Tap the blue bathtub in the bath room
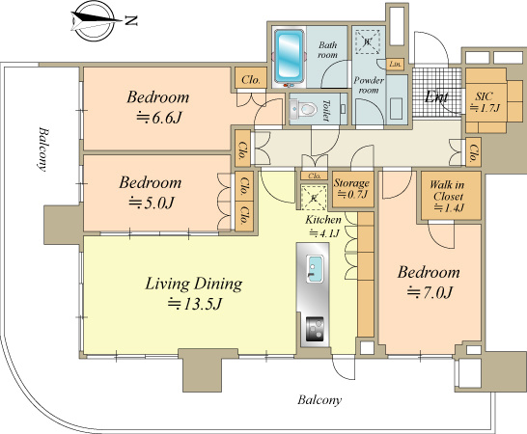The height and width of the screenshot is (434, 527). click(289, 58)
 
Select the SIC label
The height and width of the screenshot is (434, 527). click(484, 95)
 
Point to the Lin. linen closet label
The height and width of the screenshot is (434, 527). click(395, 64)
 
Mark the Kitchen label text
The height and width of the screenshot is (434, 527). click(322, 220)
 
